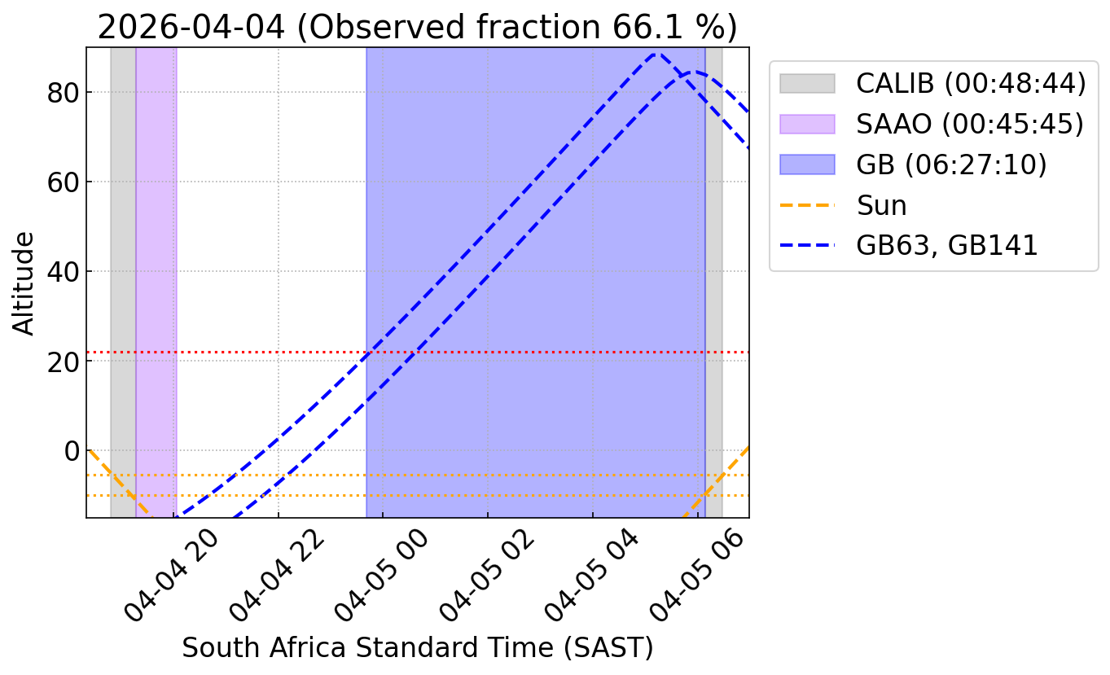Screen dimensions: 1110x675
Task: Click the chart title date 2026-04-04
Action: point(191,27)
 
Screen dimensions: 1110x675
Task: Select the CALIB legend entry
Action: point(932,83)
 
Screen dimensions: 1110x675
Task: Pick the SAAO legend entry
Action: point(932,124)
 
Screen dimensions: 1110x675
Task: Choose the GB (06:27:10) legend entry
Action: point(913,164)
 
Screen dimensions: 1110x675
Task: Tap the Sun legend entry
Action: point(843,205)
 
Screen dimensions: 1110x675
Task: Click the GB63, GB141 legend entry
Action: point(908,245)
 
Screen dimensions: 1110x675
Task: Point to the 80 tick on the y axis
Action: point(63,92)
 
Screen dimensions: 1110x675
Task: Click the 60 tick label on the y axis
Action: point(63,182)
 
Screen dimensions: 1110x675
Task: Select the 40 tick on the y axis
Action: point(63,272)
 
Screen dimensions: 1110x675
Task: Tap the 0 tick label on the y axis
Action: point(72,451)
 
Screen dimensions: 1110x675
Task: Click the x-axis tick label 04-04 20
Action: point(171,575)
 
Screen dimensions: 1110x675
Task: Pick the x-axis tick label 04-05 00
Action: point(381,575)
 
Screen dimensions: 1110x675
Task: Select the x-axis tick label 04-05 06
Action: point(696,575)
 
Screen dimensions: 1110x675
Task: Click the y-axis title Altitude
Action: point(23,283)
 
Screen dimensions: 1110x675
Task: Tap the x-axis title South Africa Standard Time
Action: point(367,647)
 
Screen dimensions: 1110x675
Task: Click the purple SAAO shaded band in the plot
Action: point(156,283)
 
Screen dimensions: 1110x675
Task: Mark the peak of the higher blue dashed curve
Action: point(656,54)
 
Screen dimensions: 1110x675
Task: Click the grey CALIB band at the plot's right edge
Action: point(713,283)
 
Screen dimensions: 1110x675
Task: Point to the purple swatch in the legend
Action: point(807,124)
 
